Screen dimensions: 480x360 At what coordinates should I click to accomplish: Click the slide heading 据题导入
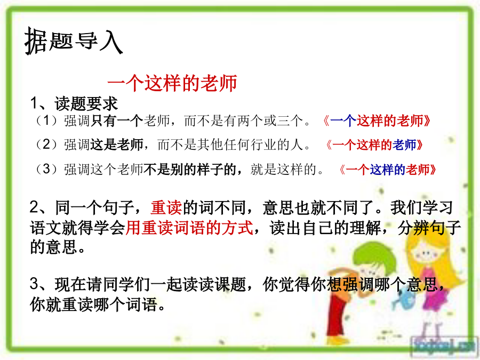click(x=74, y=41)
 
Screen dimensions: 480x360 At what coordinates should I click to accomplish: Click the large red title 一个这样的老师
click(x=172, y=83)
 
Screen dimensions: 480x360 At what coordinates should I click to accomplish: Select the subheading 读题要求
click(x=86, y=103)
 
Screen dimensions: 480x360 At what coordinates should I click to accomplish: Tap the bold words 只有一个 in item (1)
click(x=117, y=121)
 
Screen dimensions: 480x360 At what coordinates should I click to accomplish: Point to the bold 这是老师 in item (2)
click(x=117, y=145)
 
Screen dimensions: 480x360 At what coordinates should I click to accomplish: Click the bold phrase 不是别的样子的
click(x=190, y=169)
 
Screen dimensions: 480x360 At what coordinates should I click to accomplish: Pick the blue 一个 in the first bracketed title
click(x=343, y=121)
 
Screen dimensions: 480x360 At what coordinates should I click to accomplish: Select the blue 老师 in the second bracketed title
click(x=405, y=145)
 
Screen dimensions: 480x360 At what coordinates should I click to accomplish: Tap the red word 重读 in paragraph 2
click(x=166, y=207)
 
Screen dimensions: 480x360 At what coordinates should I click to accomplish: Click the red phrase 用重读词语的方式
click(x=189, y=227)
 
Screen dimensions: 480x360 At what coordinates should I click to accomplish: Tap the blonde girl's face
click(x=425, y=253)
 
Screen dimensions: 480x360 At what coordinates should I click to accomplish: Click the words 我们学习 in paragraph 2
click(x=421, y=207)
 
